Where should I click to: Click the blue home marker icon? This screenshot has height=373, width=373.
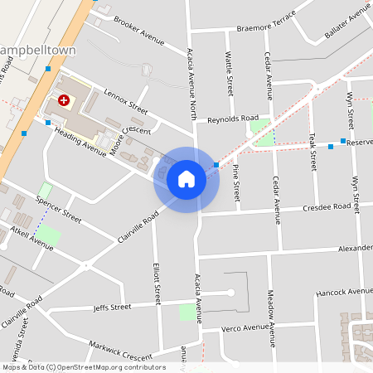coord(186,179)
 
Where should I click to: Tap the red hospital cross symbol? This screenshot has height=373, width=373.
coord(63,100)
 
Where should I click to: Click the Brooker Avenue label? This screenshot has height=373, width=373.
coord(138,30)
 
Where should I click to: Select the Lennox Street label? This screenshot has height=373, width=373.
coord(125,102)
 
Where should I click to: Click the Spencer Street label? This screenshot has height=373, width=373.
coord(60,211)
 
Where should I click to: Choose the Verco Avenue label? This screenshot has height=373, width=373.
coord(246,328)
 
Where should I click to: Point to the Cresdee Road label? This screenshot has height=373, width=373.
coord(327,207)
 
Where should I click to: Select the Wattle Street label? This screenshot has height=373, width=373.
coord(230,74)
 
